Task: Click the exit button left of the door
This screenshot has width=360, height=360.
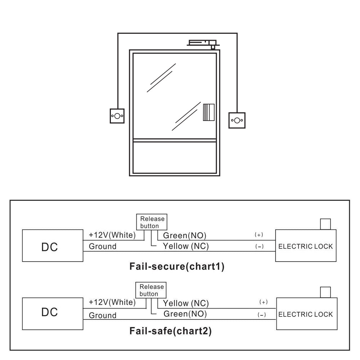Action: (117, 116)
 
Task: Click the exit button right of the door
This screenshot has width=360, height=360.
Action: (237, 120)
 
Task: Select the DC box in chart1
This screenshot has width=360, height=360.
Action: (53, 246)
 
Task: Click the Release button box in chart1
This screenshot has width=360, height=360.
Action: (152, 222)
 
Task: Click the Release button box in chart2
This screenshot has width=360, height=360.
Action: (152, 290)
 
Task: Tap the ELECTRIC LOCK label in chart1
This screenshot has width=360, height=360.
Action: (306, 247)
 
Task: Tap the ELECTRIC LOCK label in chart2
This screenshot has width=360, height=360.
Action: (306, 314)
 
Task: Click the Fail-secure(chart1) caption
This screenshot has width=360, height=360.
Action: (176, 267)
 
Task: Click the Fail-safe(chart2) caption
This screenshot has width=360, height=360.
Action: (170, 331)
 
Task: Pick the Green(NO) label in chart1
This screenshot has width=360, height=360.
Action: (185, 236)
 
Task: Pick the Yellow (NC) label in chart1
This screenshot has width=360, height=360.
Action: (186, 246)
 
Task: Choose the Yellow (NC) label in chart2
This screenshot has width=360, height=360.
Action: (186, 303)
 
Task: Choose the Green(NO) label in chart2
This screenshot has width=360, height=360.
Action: (185, 314)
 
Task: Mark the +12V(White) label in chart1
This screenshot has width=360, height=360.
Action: (112, 235)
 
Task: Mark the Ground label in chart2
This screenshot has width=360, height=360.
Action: (103, 315)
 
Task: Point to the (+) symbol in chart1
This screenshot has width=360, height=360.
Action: (259, 235)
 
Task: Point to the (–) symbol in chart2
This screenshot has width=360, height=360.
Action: (262, 315)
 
